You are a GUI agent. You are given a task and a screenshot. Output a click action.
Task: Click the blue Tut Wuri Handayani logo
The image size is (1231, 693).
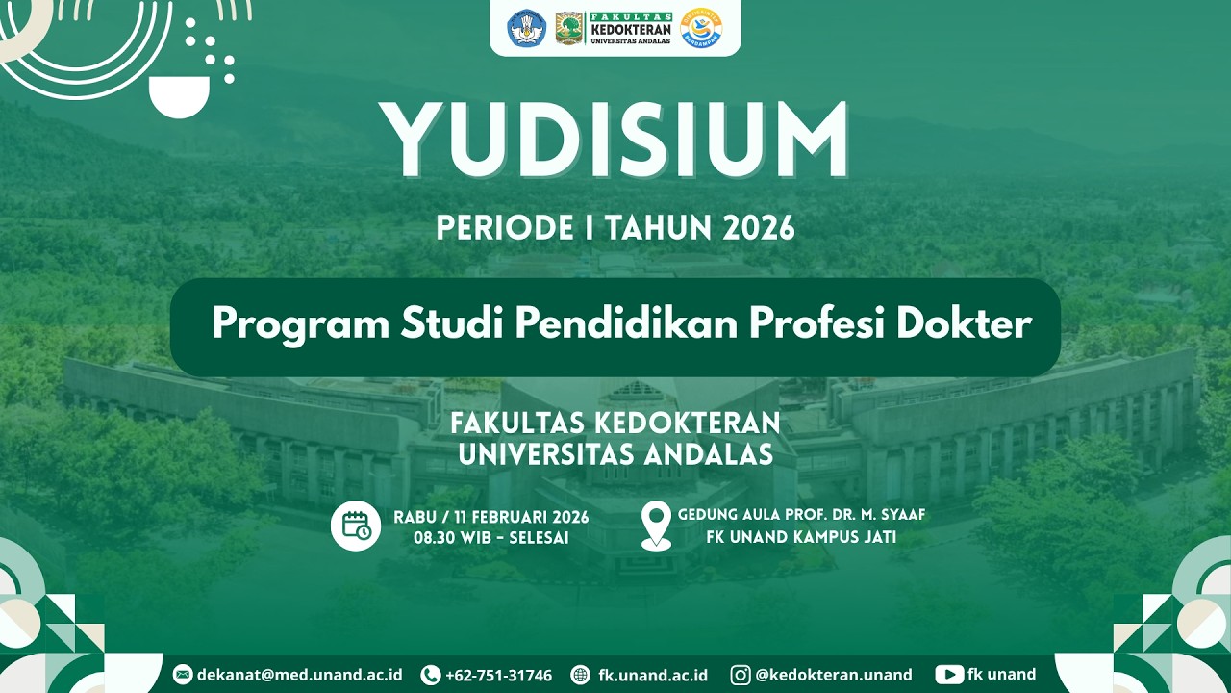click(526, 28)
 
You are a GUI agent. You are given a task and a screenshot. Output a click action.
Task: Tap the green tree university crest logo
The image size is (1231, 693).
click(569, 28)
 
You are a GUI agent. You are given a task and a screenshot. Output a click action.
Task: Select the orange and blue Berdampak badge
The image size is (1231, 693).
click(701, 28)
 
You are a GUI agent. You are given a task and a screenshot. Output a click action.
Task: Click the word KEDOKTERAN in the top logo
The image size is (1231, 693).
click(630, 29)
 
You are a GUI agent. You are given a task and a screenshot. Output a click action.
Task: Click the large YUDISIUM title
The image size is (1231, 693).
click(615, 141)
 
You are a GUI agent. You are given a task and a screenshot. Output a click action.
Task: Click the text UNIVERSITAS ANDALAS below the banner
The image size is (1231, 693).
click(615, 454)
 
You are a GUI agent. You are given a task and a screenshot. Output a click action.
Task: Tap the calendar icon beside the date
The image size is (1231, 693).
click(356, 526)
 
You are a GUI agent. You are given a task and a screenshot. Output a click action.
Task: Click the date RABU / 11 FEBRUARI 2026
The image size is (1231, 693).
click(490, 517)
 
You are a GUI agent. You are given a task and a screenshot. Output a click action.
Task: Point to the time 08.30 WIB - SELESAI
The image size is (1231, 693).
click(490, 538)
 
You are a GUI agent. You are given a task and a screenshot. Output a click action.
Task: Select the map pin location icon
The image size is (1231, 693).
click(656, 526)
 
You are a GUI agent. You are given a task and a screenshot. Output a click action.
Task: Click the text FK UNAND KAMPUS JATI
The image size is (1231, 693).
click(800, 537)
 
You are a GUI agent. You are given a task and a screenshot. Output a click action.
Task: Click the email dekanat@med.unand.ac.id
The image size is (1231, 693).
click(299, 675)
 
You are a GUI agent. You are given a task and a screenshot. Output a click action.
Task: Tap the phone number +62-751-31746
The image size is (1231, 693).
click(498, 675)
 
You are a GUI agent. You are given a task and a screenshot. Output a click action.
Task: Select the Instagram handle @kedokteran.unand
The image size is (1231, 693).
click(833, 675)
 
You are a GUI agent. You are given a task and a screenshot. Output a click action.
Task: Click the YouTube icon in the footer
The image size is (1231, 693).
click(949, 675)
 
